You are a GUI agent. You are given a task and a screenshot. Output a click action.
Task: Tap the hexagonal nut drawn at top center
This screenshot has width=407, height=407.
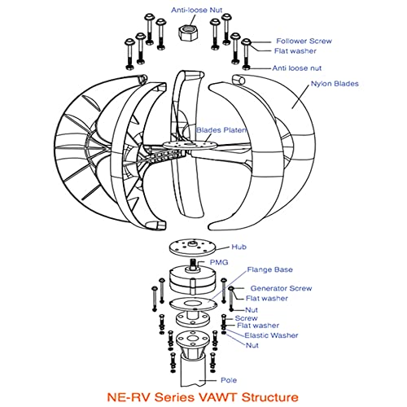189,32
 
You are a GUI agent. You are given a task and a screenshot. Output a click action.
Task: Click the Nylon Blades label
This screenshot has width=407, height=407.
335,83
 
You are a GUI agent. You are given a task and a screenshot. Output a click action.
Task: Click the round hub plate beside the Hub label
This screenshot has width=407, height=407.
192,248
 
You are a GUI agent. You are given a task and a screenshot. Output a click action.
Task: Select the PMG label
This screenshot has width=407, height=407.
221,263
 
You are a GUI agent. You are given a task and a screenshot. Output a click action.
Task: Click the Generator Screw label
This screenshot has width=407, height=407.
278,288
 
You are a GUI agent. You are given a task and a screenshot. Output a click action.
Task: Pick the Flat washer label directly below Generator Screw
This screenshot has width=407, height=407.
263,299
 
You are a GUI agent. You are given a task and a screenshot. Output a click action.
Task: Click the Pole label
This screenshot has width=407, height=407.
230,380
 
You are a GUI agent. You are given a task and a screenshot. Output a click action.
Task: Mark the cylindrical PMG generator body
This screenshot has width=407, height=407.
190,282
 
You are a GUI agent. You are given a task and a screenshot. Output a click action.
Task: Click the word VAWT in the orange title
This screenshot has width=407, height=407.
230,398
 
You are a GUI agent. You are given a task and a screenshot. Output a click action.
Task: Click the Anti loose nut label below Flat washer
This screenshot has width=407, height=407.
302,68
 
